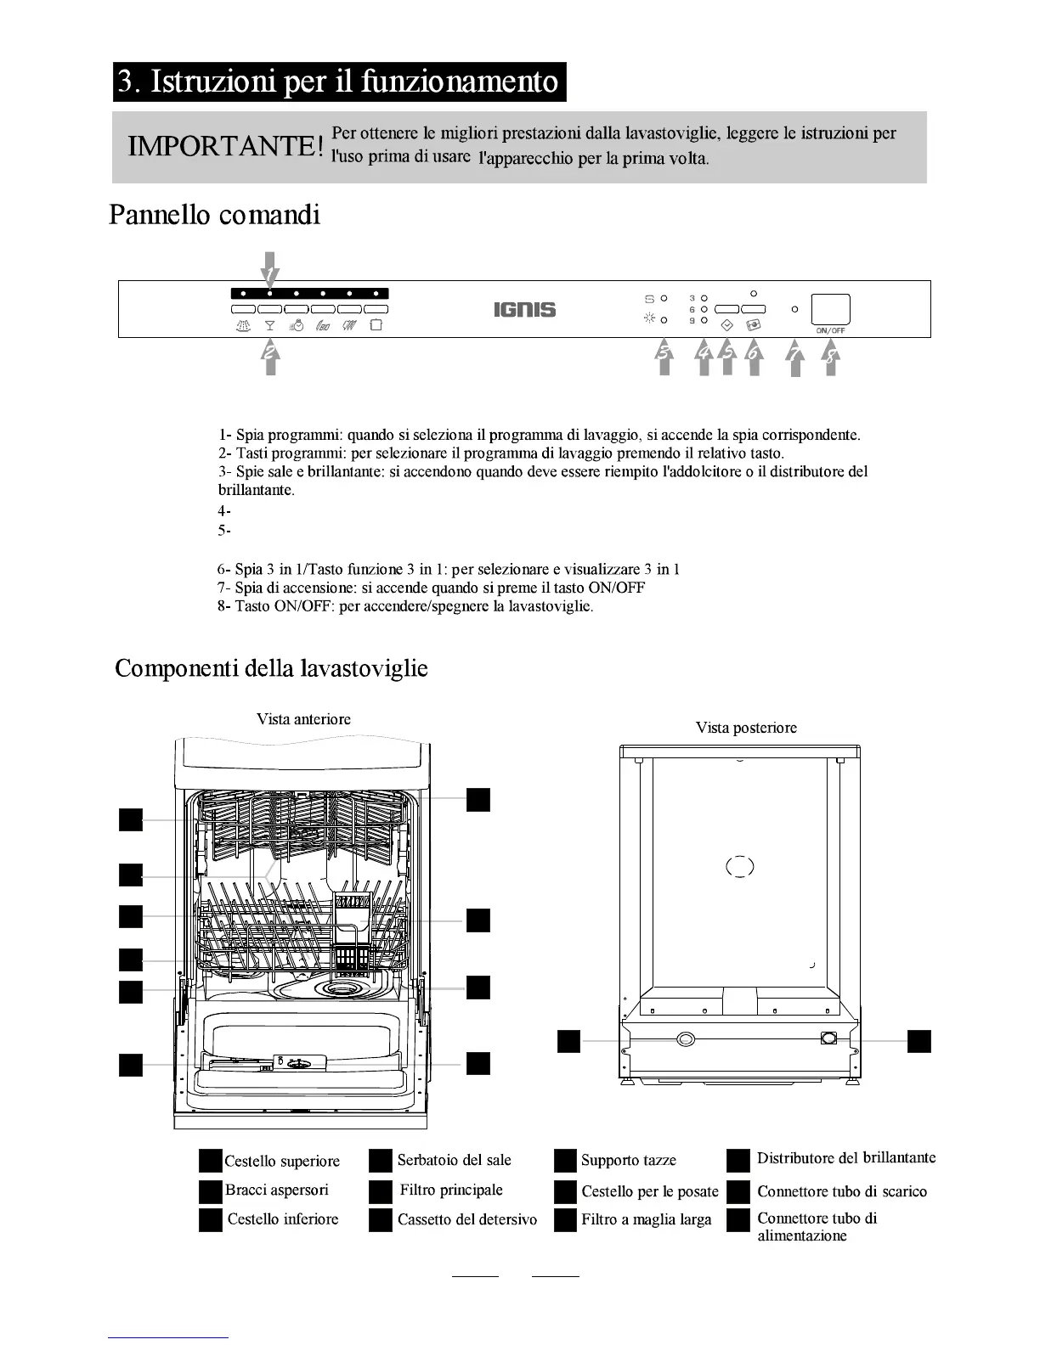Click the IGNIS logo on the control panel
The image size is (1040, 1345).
point(524,310)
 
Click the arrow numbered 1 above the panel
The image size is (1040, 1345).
point(269,270)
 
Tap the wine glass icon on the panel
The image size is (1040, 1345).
point(270,325)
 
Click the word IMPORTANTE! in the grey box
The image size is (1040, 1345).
point(225,146)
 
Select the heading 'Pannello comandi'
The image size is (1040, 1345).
point(215,215)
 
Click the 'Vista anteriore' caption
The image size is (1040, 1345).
point(303,719)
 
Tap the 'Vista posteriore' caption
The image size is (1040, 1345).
point(746,728)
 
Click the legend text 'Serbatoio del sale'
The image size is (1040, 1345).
point(454,1160)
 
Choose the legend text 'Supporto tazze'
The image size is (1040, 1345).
point(629,1161)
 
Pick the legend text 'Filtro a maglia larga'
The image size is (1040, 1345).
point(646,1220)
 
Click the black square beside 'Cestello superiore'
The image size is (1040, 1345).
point(210,1161)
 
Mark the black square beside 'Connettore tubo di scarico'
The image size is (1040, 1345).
point(738,1192)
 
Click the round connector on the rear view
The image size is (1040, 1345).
point(685,1039)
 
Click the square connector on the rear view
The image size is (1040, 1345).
point(829,1038)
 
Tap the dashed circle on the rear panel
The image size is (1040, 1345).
point(740,867)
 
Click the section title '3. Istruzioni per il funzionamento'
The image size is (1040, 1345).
point(339,82)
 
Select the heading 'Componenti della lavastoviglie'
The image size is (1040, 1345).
point(271,668)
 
